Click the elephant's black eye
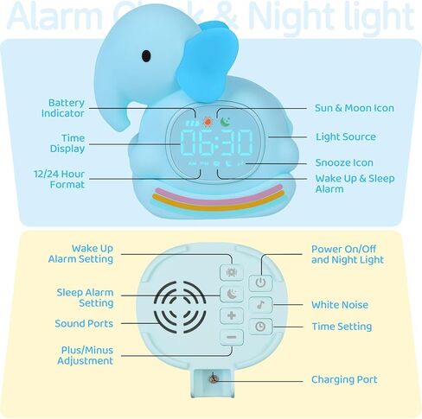tap(146, 57)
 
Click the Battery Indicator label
tap(67, 108)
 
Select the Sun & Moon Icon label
tap(354, 108)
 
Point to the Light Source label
tap(345, 136)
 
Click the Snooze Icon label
tap(344, 162)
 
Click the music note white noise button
tap(259, 304)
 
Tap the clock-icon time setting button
tap(259, 327)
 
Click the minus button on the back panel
tap(231, 337)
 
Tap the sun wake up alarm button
tap(231, 271)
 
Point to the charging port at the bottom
tap(210, 378)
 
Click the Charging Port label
tap(343, 380)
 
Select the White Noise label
tap(341, 305)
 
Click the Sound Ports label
tap(84, 324)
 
